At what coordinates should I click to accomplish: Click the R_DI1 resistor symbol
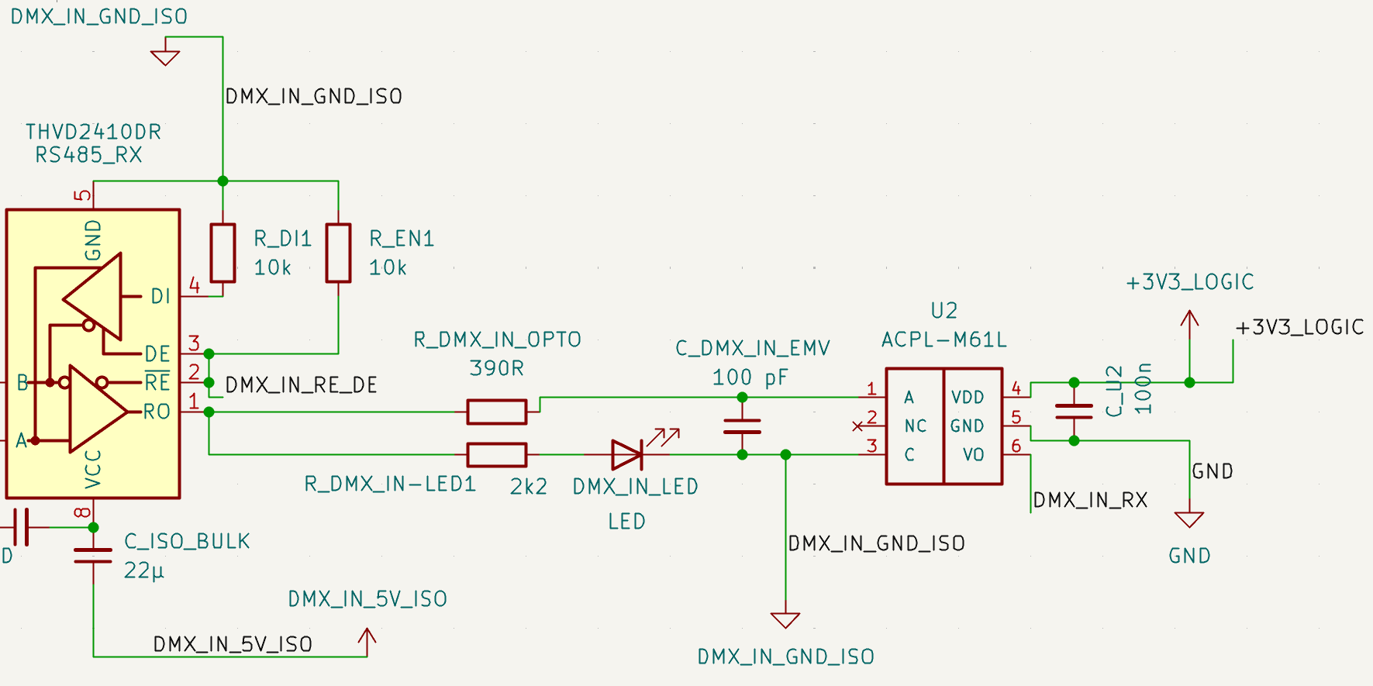[223, 253]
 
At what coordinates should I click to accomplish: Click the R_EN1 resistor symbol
[338, 253]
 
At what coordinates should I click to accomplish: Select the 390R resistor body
[497, 412]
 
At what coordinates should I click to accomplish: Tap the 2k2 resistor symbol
[497, 455]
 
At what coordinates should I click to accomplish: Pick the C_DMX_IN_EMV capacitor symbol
[742, 426]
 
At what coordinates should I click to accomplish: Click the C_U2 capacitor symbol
[1074, 412]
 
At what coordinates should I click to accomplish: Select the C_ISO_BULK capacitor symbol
[93, 555]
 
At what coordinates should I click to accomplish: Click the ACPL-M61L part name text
[944, 340]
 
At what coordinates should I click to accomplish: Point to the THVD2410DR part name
[93, 132]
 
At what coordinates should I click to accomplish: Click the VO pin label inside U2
[973, 455]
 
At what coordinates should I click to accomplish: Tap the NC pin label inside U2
[916, 426]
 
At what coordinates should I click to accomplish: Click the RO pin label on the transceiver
[157, 412]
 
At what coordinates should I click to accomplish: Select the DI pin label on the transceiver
[160, 296]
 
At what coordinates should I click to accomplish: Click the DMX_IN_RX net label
[1090, 500]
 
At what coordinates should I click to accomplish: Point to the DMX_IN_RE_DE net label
[301, 385]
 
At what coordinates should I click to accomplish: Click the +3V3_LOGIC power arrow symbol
[1189, 322]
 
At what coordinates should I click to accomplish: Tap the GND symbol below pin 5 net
[1189, 519]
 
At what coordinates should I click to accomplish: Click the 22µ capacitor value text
[144, 571]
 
